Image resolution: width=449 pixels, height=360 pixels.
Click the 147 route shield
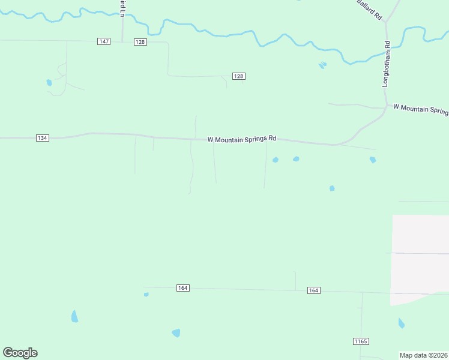pyautogui.click(x=104, y=41)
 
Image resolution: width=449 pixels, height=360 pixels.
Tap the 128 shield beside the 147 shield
pyautogui.click(x=140, y=41)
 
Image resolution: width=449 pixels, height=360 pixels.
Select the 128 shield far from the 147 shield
pyautogui.click(x=238, y=76)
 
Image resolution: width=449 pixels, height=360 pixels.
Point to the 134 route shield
pyautogui.click(x=42, y=138)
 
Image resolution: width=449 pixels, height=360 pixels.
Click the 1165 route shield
pyautogui.click(x=360, y=341)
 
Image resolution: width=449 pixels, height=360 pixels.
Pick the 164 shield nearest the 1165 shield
pyautogui.click(x=313, y=290)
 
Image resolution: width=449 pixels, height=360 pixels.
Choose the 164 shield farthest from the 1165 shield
pyautogui.click(x=183, y=288)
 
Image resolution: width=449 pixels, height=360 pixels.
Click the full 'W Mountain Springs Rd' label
pyautogui.click(x=242, y=139)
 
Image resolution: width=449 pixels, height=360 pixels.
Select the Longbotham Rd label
pyautogui.click(x=387, y=64)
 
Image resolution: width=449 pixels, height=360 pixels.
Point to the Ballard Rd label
pyautogui.click(x=369, y=11)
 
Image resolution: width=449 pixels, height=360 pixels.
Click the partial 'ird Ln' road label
pyautogui.click(x=122, y=8)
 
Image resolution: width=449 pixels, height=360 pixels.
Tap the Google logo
pyautogui.click(x=20, y=353)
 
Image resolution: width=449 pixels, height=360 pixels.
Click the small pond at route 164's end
pyautogui.click(x=146, y=295)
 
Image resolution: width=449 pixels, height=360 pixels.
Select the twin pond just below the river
pyautogui.click(x=322, y=65)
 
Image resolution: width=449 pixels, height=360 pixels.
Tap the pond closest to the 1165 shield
pyautogui.click(x=401, y=323)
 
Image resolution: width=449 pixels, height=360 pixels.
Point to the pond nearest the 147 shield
pyautogui.click(x=49, y=83)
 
